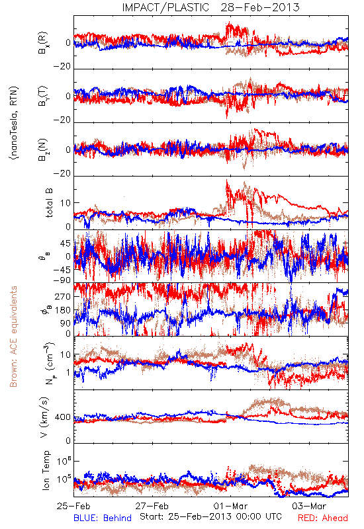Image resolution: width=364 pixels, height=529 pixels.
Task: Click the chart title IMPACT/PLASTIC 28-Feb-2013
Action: [210, 7]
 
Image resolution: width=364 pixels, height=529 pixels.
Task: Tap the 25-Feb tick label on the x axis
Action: [73, 506]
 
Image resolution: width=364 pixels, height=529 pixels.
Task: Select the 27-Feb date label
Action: [152, 506]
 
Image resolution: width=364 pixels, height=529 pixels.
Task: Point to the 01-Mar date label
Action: [230, 506]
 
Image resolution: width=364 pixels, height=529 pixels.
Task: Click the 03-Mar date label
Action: [309, 506]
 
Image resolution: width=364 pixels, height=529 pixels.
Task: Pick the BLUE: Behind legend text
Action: [103, 518]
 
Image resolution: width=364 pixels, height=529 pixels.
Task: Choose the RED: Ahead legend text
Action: [323, 518]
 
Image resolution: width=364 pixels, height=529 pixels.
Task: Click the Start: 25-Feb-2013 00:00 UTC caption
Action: [211, 516]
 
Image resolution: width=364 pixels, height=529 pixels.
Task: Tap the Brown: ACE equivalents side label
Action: [13, 337]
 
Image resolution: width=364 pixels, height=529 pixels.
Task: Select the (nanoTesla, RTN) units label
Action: [15, 123]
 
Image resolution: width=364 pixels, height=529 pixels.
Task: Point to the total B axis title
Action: [48, 203]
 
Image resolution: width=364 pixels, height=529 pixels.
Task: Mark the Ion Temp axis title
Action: [46, 470]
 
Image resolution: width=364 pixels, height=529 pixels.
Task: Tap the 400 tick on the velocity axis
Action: [63, 417]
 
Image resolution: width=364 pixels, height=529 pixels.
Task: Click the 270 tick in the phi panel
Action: [63, 296]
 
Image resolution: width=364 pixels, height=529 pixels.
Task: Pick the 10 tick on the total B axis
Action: [66, 203]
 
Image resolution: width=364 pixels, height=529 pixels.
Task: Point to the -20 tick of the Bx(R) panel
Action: [62, 67]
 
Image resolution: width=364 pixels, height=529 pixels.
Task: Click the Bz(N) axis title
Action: [43, 149]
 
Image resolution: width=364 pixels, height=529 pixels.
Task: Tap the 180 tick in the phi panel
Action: [63, 310]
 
